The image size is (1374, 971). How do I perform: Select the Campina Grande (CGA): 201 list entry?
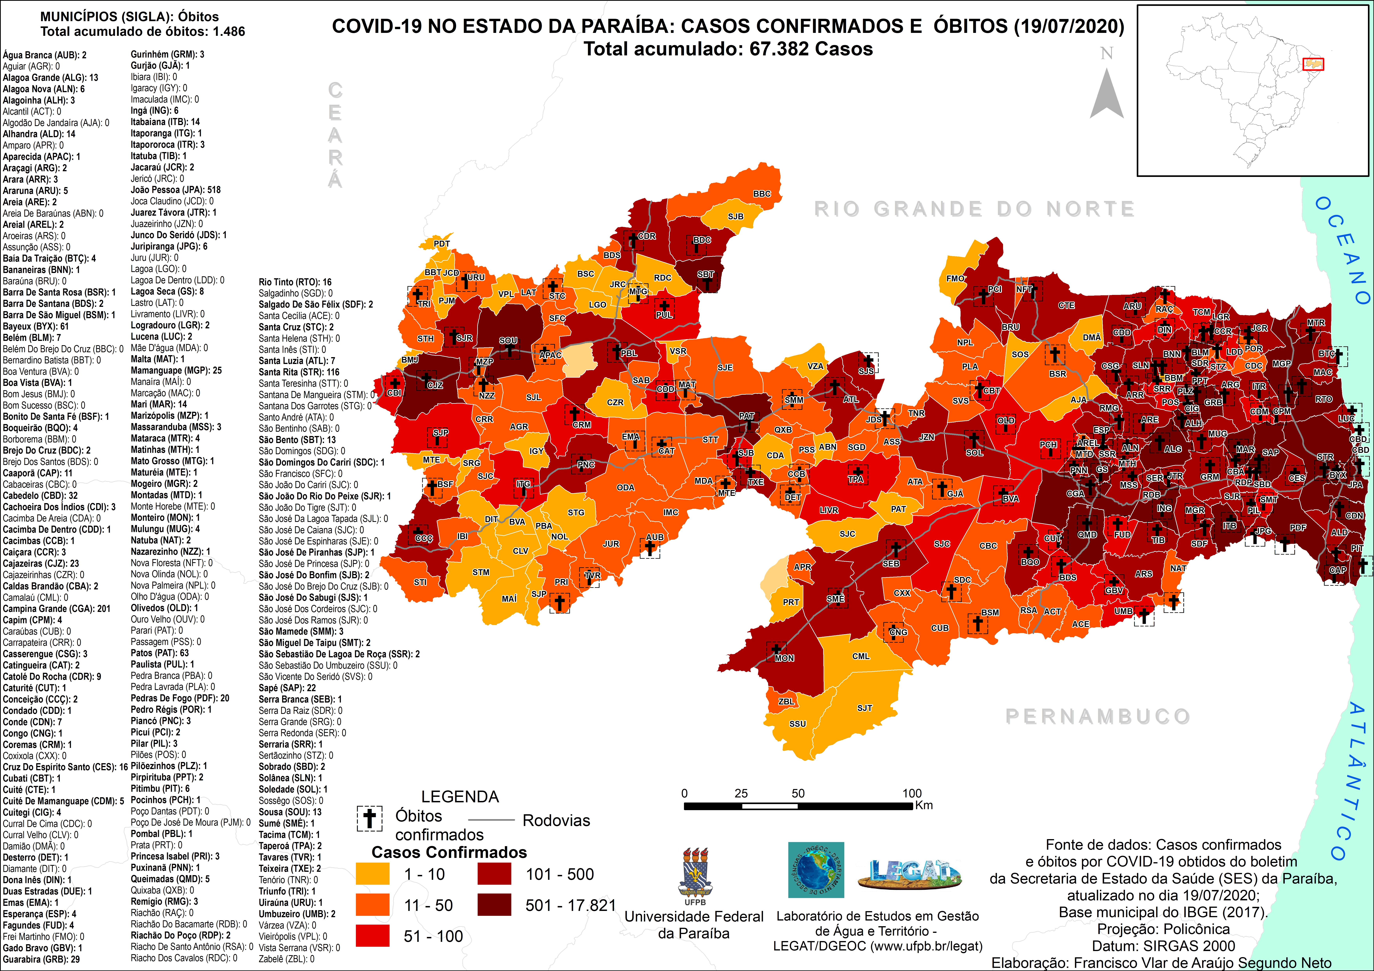click(57, 608)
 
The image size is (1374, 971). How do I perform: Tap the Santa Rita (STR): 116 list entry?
click(299, 372)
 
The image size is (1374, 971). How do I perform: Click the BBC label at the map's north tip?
click(762, 194)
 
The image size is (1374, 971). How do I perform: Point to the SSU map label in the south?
click(798, 723)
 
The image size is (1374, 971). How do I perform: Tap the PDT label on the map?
click(442, 243)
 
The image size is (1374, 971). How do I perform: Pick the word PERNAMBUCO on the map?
click(1098, 716)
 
